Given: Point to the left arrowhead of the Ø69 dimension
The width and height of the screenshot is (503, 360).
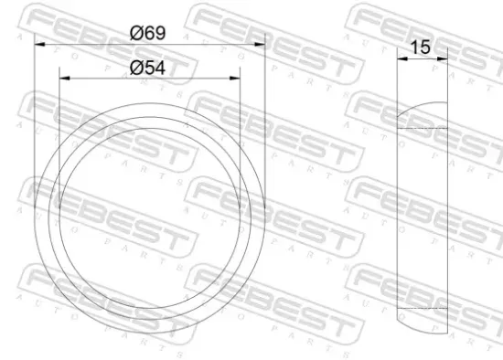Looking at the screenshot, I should (37, 44).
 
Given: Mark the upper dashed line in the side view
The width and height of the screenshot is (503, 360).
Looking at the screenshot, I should (423, 130).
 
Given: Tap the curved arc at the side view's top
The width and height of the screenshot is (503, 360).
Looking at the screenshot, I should (423, 109).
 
